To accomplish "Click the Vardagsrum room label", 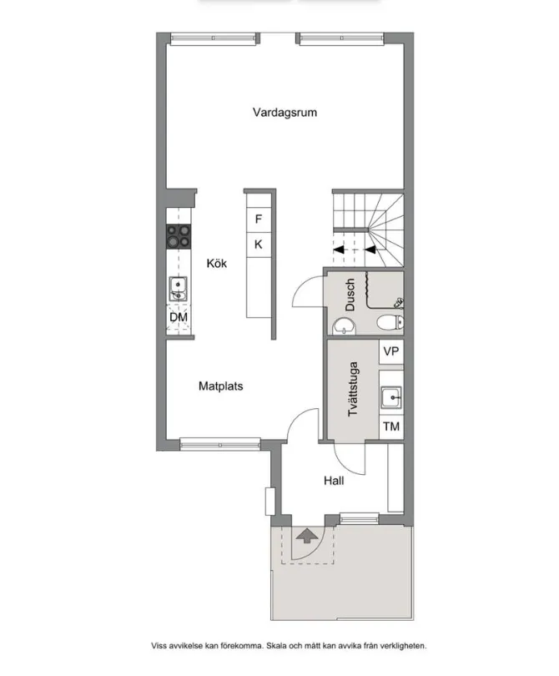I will point(285,113).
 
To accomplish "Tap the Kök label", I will point(217,263).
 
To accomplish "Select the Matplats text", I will point(221,386).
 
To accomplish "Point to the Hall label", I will point(334,481).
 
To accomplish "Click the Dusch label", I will point(350,295).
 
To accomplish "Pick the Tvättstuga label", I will point(354,389).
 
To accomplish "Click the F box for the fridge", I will point(259,219).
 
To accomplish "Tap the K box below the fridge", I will point(259,245).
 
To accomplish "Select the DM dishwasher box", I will point(179,318).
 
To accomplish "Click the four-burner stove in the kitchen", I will point(179,237).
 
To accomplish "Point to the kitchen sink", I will point(178,289).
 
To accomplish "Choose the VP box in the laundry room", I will point(390,351).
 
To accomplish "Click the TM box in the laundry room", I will point(390,426).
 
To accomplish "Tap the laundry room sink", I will point(390,398).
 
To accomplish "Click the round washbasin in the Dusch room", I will point(343,325).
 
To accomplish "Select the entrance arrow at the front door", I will point(306,535).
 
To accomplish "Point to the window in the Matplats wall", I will point(214,443).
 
